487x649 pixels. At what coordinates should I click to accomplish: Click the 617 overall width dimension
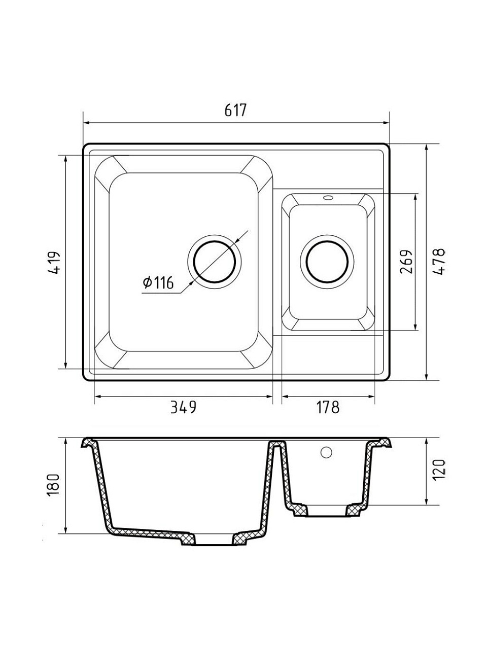pos(235,110)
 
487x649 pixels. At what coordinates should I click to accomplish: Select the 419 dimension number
pos(54,263)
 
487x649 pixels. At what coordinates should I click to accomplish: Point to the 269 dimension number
pos(406,262)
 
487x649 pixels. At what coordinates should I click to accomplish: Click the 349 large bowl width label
pos(183,407)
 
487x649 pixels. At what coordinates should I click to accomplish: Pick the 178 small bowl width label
pos(328,407)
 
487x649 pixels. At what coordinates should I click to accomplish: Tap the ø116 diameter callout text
pos(158,282)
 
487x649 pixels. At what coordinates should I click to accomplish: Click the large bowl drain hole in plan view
pos(215,262)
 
